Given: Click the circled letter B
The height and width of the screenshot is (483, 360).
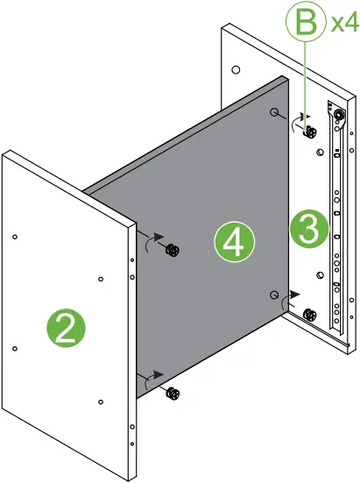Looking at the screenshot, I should coord(305,22).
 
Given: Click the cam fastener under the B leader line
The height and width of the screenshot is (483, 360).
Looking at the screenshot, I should coord(309,132).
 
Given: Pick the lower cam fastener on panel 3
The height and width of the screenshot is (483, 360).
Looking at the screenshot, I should coord(308,315).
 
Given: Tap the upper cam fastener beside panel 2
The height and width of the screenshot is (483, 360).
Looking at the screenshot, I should coord(173,252).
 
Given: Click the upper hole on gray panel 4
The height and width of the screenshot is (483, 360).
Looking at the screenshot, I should coord(275,114).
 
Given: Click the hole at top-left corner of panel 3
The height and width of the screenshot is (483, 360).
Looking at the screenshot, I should coord(236,68).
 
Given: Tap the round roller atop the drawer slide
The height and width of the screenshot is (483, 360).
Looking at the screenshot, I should coord(337,113).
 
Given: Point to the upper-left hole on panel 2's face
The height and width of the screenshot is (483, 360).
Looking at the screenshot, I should coord(16,236).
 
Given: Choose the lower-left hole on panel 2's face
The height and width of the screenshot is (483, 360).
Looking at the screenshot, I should coord(16,348).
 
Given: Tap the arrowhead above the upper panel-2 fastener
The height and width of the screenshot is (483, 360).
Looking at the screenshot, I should coord(159,236).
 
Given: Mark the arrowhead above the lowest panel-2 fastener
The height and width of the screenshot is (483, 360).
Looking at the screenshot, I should coord(159,374).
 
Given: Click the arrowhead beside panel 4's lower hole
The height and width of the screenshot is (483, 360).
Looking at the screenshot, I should coord(294,296).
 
